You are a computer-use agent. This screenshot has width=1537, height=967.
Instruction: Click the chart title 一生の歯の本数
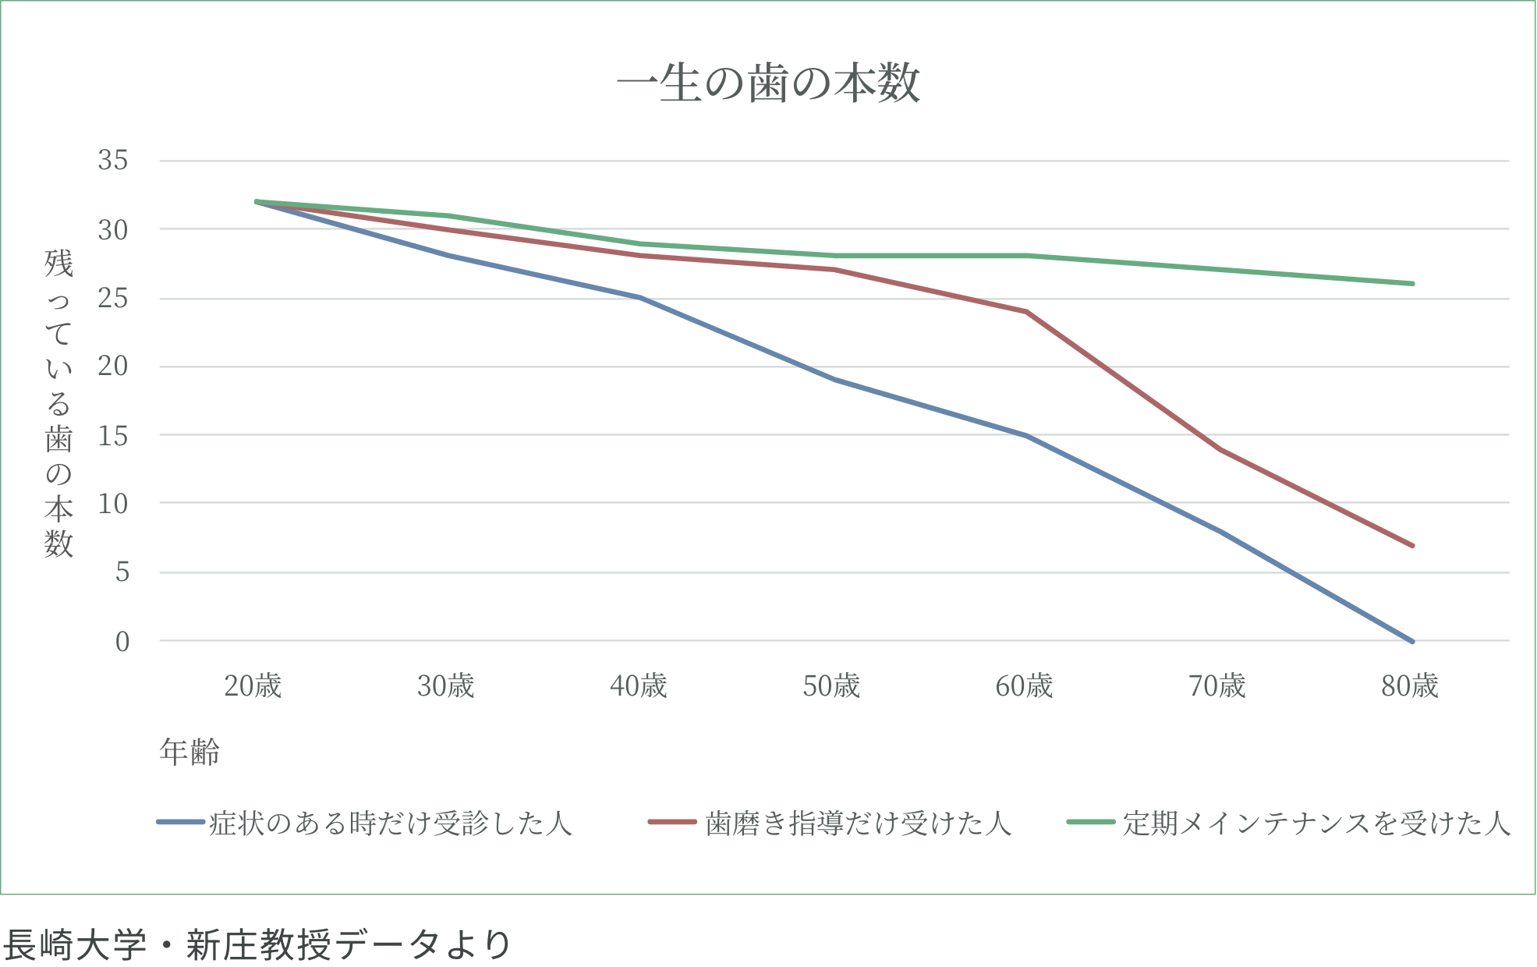(768, 84)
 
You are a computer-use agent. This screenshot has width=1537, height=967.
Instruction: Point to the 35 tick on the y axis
(112, 161)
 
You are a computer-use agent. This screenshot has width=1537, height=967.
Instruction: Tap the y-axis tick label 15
(112, 435)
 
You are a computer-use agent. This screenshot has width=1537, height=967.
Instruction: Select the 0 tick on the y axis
(122, 642)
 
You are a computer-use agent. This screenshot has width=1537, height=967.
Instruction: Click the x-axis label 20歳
(253, 686)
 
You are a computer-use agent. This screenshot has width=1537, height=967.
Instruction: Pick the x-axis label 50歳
(831, 686)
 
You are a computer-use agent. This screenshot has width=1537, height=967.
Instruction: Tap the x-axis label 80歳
(1410, 686)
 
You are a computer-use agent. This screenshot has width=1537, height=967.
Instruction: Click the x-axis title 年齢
(189, 752)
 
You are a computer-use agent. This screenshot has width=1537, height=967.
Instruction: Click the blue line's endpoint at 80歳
(1412, 641)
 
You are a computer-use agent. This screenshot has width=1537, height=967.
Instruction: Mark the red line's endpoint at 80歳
(1412, 545)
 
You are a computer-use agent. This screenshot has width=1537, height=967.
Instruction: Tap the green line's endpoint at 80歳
(1412, 284)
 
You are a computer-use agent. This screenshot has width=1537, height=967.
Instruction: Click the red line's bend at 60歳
(1026, 311)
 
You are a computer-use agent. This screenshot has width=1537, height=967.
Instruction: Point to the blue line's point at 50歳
(833, 380)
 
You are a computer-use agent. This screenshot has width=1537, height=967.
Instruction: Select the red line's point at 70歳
(1219, 449)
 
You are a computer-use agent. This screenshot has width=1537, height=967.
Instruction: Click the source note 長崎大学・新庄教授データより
(256, 944)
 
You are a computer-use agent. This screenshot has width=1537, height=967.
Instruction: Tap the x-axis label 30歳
(445, 686)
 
